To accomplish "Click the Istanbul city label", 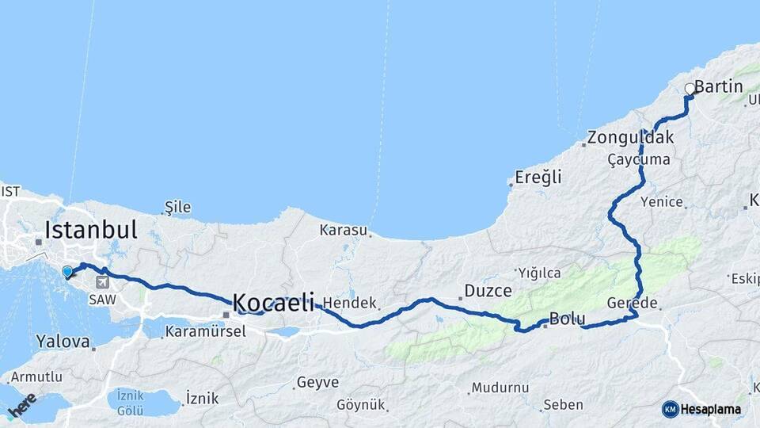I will [91, 230].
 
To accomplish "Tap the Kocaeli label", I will [272, 302].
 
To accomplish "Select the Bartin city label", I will [718, 86].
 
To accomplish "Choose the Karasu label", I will [343, 231].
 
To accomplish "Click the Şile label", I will [177, 207].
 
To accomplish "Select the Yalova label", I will [63, 342].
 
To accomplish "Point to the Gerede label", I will [632, 304].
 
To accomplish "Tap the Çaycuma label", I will [638, 159].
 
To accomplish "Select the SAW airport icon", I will [102, 282].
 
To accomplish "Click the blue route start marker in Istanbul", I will [67, 272].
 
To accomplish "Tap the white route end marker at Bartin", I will [689, 89].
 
